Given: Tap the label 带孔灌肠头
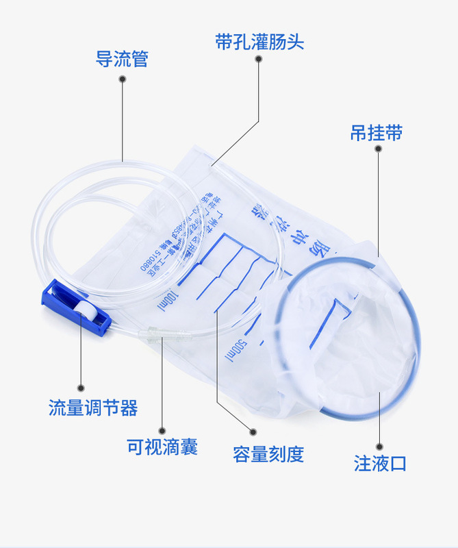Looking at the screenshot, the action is coord(259,42).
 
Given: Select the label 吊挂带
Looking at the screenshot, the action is coord(376,133).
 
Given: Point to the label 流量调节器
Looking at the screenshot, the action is coord(93,408).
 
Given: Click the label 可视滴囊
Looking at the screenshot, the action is coord(162,447).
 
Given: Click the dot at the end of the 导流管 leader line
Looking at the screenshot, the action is coord(122,79).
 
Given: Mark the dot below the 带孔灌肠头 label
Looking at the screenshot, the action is coord(259,60).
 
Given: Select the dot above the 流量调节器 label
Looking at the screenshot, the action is coord(81,387).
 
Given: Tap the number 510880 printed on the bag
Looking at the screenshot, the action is coord(151,257).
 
